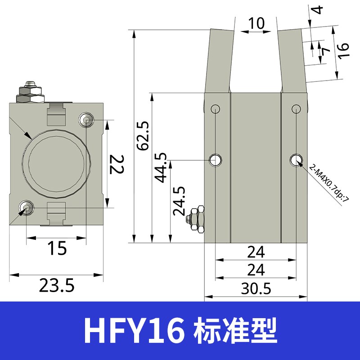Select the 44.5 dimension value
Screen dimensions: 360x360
pos(161,167)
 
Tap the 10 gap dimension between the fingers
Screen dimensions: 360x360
pos(256,23)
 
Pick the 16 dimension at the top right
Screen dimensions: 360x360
pos(343,51)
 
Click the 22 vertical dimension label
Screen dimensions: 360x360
pos(117,164)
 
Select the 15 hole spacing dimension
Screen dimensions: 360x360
pos(57,248)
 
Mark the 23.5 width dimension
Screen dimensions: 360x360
pos(57,285)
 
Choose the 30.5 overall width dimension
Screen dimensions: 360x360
pos(256,288)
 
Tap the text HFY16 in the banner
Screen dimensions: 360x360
pos(133,331)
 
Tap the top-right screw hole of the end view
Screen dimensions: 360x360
pos(86,120)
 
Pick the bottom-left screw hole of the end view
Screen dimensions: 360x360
pos(25,207)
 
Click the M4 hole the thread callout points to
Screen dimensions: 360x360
pos(296,159)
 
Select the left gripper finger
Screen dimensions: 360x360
pos(219,61)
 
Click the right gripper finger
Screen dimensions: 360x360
pos(292,61)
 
